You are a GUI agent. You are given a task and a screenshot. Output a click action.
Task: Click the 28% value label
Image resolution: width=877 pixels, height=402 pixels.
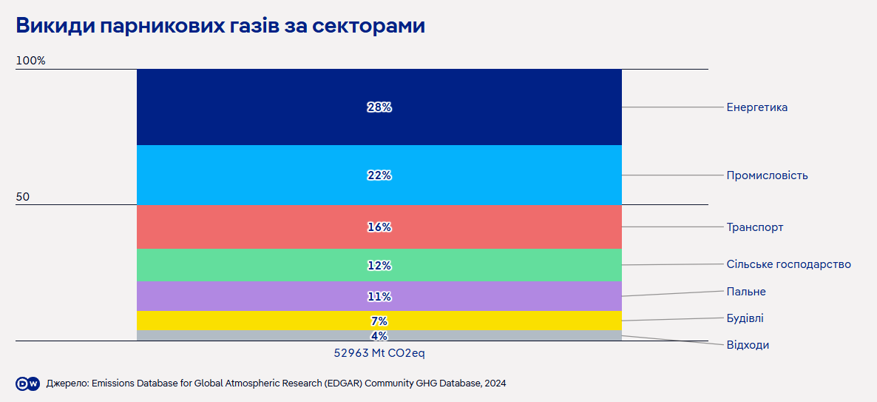click(x=379, y=107)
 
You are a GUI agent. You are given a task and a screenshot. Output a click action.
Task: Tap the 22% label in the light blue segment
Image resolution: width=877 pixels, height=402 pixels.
click(x=379, y=175)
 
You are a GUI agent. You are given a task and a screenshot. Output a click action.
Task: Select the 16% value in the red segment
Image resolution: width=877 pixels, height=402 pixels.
click(x=379, y=227)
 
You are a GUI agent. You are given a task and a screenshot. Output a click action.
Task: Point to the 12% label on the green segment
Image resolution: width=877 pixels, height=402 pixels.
click(x=379, y=266)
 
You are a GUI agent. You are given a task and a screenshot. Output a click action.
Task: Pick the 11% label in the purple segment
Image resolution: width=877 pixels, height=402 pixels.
click(x=379, y=297)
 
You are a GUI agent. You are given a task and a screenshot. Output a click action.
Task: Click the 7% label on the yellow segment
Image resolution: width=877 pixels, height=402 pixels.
click(x=379, y=321)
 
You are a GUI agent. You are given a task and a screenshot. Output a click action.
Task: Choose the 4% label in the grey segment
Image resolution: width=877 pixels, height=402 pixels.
click(x=379, y=336)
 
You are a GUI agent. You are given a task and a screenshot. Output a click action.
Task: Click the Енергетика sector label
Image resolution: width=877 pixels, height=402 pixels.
click(x=756, y=107)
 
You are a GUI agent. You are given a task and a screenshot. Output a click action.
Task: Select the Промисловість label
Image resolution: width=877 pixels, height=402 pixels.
click(x=767, y=175)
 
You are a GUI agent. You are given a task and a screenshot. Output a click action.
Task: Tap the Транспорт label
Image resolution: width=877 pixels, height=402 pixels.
click(x=754, y=227)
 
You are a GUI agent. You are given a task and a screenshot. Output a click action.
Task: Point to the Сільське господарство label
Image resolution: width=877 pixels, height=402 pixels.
click(x=788, y=264)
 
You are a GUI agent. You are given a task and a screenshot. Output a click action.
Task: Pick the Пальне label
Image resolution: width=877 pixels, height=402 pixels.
click(x=746, y=292)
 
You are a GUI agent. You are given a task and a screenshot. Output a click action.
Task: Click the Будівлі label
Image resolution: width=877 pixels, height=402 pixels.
click(x=745, y=318)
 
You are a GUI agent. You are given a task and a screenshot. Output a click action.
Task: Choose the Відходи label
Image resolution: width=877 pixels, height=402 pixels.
click(x=748, y=345)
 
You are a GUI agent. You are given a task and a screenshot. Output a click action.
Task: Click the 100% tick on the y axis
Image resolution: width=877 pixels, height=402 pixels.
click(x=30, y=61)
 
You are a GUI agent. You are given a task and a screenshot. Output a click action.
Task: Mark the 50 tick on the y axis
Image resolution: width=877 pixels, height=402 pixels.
click(x=23, y=197)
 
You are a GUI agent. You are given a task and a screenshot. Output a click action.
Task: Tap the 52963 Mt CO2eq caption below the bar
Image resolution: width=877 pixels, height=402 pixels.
click(x=379, y=353)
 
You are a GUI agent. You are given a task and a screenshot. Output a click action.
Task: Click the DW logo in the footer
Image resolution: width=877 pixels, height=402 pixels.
click(x=27, y=383)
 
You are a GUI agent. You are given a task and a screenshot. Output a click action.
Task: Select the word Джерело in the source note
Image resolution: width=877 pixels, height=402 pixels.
click(x=66, y=383)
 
